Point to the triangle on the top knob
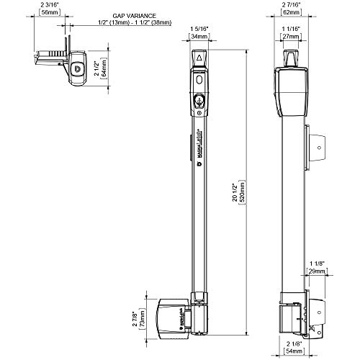pyautogui.click(x=199, y=56)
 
